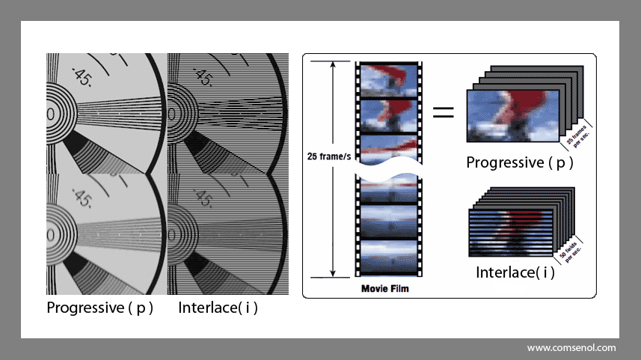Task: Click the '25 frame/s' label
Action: [328, 156]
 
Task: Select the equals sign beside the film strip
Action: [444, 112]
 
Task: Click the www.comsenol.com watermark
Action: [571, 348]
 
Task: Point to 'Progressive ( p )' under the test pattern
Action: [99, 307]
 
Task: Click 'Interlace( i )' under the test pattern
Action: [218, 307]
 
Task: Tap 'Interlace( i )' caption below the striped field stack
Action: [515, 272]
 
